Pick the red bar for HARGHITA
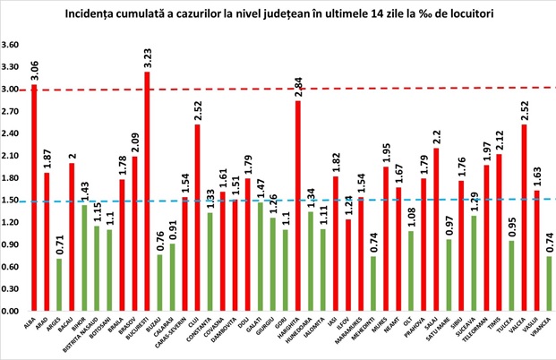(297, 205)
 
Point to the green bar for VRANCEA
(548, 283)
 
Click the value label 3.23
(147, 55)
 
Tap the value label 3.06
(34, 68)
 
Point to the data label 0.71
(60, 244)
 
